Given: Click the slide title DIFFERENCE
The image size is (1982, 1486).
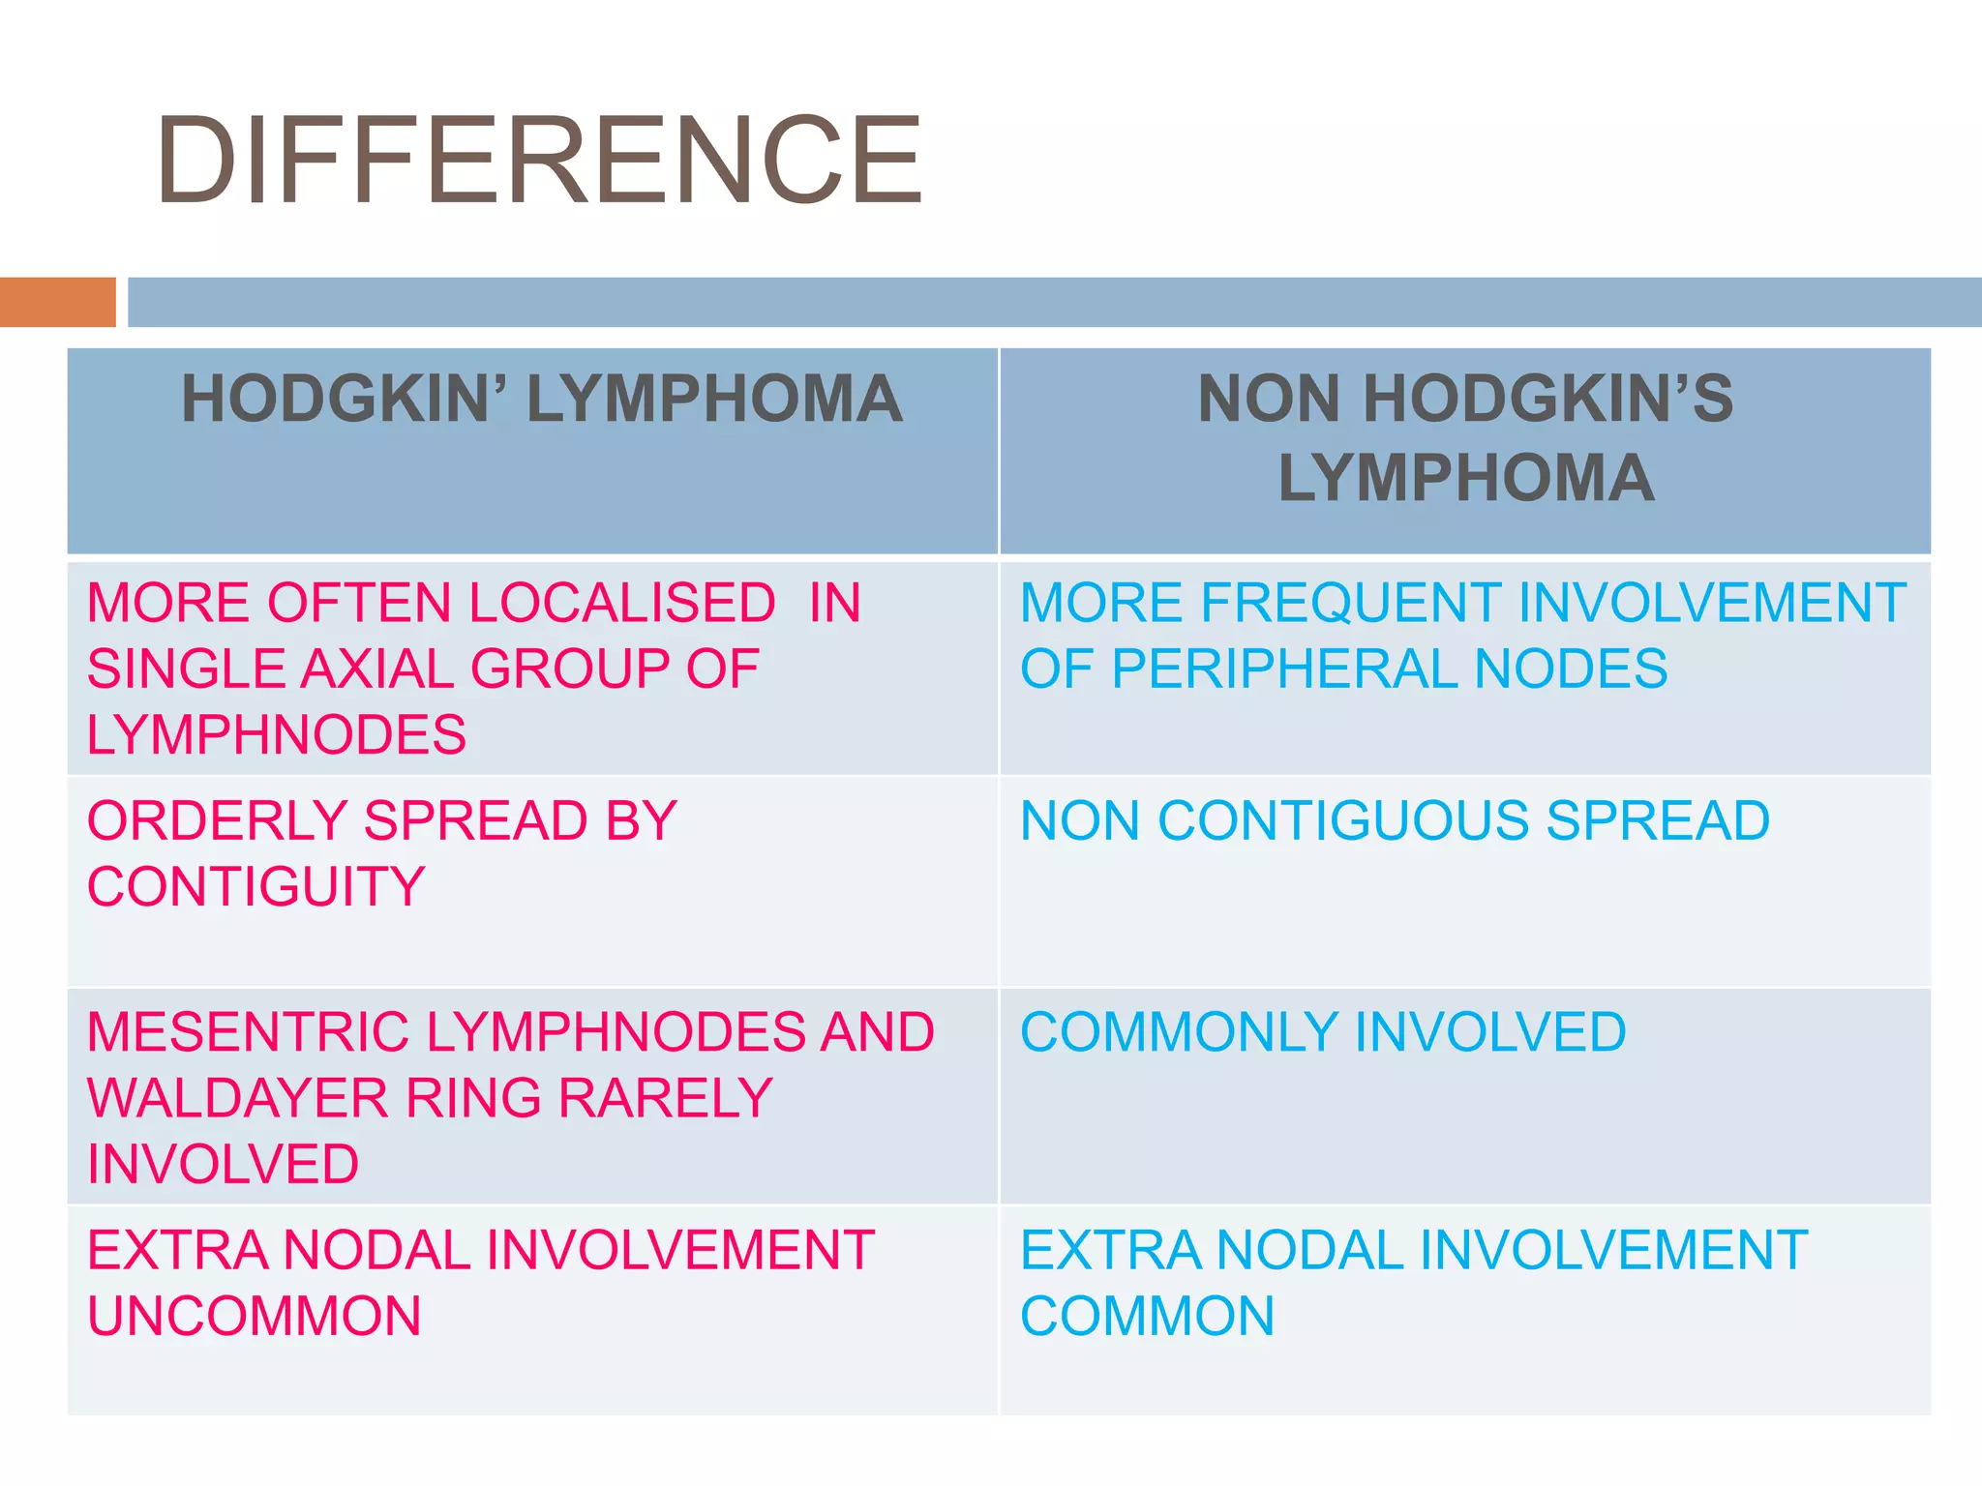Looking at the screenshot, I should pos(538,161).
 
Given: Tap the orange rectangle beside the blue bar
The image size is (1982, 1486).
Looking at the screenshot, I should pos(57,302).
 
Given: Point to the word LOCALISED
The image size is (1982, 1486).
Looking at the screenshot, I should pos(621,604).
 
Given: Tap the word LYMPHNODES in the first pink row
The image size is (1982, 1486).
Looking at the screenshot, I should pos(277,735).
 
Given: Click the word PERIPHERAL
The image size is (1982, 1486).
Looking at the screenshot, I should pos(1284,669).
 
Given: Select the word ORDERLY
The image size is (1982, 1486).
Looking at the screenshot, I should pos(217,821).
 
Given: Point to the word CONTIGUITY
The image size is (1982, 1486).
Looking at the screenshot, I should pos(256,887).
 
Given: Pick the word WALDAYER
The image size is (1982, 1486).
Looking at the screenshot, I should pos(238,1099).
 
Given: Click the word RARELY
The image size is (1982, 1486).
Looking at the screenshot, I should pos(666,1099).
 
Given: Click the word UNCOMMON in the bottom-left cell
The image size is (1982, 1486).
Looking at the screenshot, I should pos(255,1317).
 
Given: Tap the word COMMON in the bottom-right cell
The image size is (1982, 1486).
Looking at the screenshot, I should pos(1147,1317).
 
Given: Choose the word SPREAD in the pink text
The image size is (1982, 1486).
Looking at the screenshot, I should pos(475,821).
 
